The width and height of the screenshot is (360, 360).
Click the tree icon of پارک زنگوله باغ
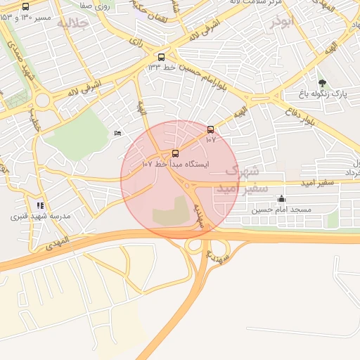322,83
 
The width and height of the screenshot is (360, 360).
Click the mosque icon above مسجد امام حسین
281,199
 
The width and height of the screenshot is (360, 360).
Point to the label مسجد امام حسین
281,210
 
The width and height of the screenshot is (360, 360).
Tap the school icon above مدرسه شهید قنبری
40,205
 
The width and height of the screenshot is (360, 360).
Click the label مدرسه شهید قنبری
40,217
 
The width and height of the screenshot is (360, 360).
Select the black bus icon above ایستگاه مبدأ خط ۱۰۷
175,153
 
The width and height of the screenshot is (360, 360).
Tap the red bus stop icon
210,129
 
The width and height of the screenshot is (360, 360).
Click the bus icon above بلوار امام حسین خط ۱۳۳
162,57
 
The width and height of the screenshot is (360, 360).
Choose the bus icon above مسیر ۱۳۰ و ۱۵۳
26,7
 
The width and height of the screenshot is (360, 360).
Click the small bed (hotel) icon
117,133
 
